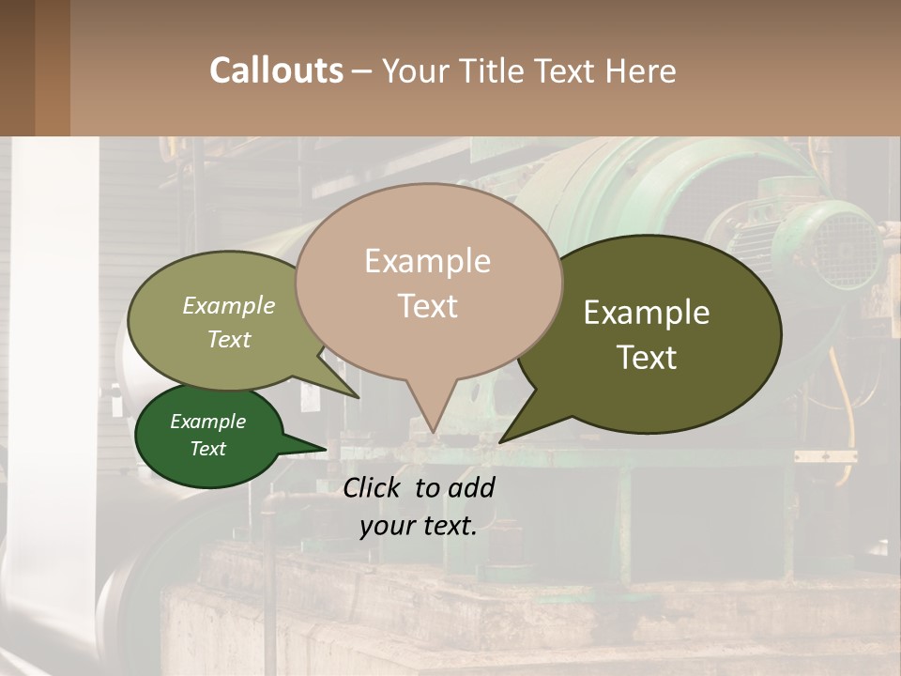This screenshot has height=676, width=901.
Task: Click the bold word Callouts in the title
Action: tap(276, 70)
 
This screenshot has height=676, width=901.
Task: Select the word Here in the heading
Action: tap(638, 71)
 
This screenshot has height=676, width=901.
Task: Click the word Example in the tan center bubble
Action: tap(427, 261)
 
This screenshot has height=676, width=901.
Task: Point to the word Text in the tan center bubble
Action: tap(428, 306)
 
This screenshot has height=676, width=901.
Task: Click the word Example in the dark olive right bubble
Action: tap(647, 313)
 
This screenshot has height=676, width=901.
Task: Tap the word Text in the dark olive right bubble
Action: tap(647, 358)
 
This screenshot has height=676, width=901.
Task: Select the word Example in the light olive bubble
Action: tap(229, 305)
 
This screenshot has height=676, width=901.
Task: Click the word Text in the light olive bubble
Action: tap(229, 339)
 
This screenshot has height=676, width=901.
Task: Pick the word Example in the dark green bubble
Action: tap(208, 422)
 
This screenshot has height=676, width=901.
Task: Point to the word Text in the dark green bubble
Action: tap(208, 449)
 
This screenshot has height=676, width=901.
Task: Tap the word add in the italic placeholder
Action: tap(471, 487)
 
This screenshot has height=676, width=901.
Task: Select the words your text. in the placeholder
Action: tap(419, 526)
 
